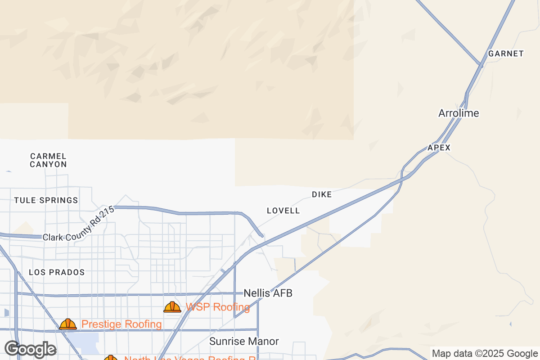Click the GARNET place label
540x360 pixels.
point(506,54)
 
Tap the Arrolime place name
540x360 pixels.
point(459,113)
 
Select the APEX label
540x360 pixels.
point(439,148)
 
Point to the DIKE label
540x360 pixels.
point(322,194)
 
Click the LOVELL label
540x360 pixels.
point(283,211)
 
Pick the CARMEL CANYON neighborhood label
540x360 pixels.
point(49,160)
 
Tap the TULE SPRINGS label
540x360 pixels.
point(46,200)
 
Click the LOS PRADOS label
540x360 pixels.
point(57,272)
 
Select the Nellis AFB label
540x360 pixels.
point(268,293)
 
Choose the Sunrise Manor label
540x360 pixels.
point(244,342)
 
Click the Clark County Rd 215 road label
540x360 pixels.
point(79,225)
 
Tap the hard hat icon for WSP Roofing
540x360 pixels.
point(172,307)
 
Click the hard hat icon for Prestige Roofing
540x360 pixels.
point(68,324)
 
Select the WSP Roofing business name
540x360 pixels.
point(218,307)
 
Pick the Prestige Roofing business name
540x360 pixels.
point(121,324)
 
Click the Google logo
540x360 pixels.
point(31,349)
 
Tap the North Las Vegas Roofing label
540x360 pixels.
point(189,358)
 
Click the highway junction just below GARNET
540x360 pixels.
point(480,66)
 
